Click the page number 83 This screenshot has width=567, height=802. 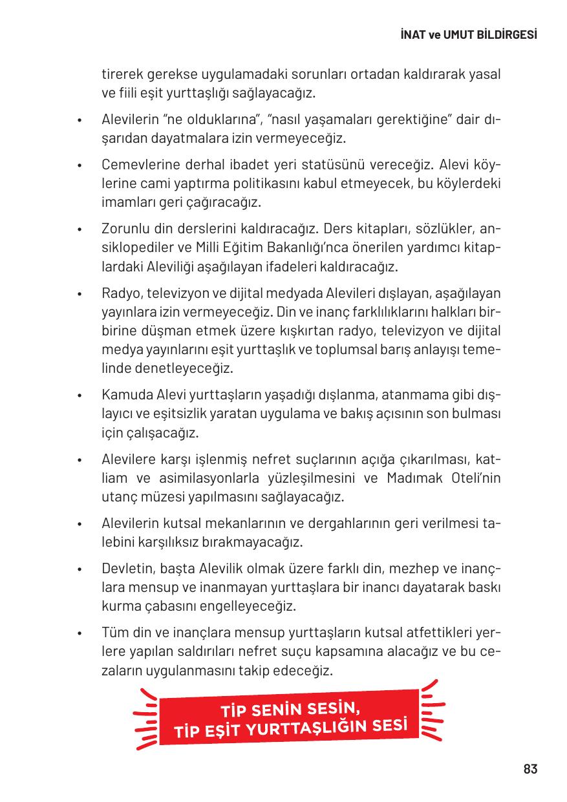530,769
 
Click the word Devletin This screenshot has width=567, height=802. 127,569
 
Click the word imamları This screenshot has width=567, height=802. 126,202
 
